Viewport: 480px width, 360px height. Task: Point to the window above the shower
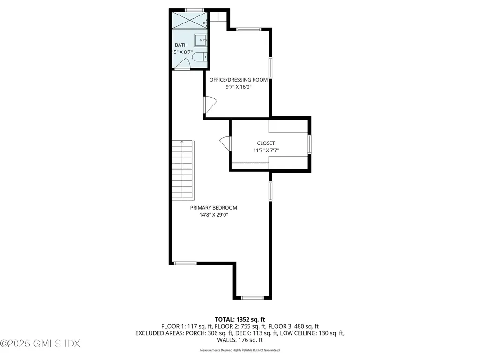(x=193, y=9)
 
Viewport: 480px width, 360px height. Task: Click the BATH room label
(x=181, y=45)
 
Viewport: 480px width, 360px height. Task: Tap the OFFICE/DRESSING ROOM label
(x=239, y=80)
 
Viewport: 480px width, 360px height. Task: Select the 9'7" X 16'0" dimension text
(x=239, y=87)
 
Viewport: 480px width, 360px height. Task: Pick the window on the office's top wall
(x=248, y=30)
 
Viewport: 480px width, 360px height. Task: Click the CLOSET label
(x=266, y=143)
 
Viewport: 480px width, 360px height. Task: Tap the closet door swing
(x=225, y=143)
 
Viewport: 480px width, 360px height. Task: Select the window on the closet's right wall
(x=309, y=144)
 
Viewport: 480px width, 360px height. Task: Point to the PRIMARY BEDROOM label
(x=213, y=208)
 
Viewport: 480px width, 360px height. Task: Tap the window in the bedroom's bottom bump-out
(x=252, y=297)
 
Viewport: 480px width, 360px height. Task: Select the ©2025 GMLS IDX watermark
(x=40, y=344)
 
